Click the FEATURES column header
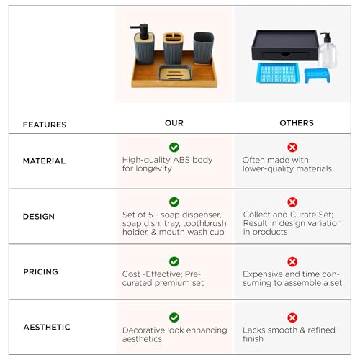pos(45,125)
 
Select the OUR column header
pos(174,123)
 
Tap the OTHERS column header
pos(297,123)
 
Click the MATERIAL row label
pos(44,161)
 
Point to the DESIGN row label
pos(39,216)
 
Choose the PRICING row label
pos(40,271)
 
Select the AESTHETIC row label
pos(47,327)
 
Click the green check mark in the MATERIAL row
pos(174,147)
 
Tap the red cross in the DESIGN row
pos(292,202)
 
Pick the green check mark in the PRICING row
pos(174,261)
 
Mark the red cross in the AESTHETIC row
pos(292,318)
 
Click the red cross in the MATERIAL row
pos(292,147)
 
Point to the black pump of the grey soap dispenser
pos(140,31)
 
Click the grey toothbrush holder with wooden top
pos(173,48)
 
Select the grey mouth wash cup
pos(204,48)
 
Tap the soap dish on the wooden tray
pos(175,73)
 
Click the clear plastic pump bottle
pos(328,50)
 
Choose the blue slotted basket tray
pos(277,73)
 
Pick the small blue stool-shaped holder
pos(318,75)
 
